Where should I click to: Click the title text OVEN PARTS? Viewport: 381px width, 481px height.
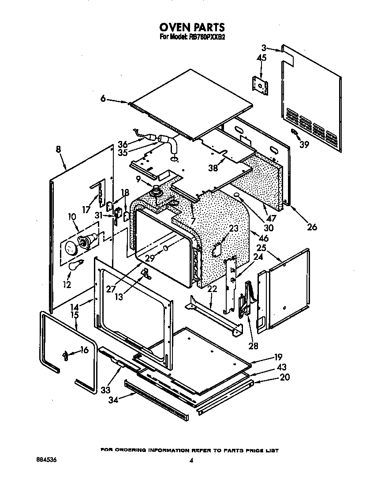click(x=192, y=27)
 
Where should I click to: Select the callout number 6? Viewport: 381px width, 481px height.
click(x=103, y=99)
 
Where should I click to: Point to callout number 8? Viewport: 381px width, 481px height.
click(x=59, y=149)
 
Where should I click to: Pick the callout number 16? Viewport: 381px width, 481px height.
click(x=84, y=350)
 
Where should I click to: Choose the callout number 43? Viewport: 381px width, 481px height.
click(x=281, y=367)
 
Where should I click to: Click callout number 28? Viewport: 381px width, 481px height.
click(x=253, y=346)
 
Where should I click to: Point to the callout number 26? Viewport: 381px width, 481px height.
click(x=312, y=227)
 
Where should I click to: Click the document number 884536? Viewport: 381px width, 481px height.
click(x=46, y=460)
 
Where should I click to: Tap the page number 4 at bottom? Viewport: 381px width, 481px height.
click(x=191, y=461)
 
